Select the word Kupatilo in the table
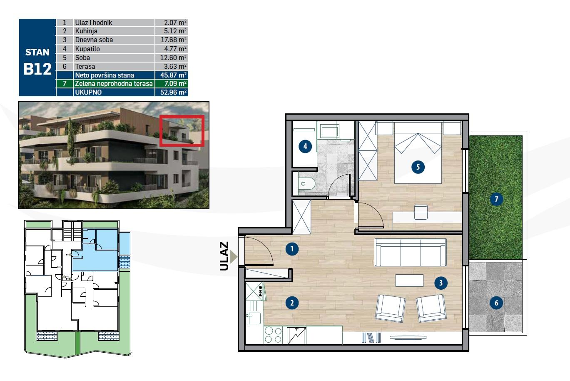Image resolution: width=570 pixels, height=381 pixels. [87, 49]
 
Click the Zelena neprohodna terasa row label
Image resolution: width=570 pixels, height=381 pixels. [114, 84]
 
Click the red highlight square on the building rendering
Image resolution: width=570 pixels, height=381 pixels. [182, 130]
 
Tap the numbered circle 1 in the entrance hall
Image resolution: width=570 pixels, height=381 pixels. [292, 249]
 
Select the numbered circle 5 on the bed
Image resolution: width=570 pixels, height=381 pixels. [418, 167]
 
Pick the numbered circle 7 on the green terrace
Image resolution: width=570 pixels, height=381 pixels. [496, 199]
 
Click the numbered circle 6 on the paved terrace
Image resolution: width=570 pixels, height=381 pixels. [496, 303]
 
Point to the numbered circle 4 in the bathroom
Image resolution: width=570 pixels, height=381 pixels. [305, 146]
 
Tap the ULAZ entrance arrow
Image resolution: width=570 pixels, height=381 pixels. [233, 256]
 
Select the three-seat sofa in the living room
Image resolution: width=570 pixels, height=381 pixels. [411, 252]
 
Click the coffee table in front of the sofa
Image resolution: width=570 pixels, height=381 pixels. [409, 281]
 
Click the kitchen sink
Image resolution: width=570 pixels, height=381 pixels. [253, 318]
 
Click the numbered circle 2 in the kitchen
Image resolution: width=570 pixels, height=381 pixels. [292, 303]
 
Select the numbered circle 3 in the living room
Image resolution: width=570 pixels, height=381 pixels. [441, 283]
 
